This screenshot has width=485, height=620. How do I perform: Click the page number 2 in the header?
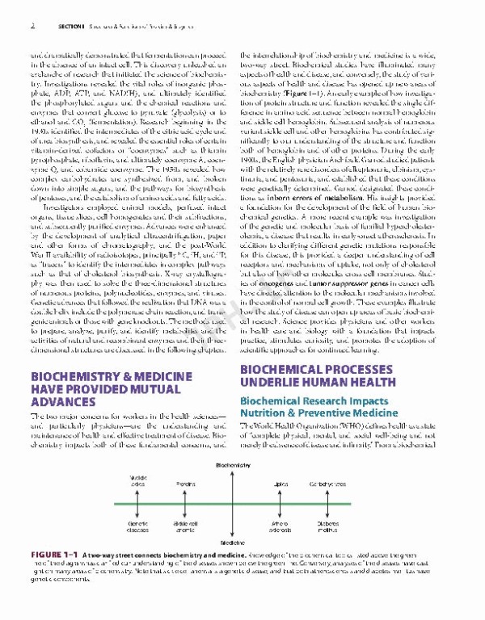[32, 25]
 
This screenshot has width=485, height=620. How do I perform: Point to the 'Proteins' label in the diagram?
[187, 483]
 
